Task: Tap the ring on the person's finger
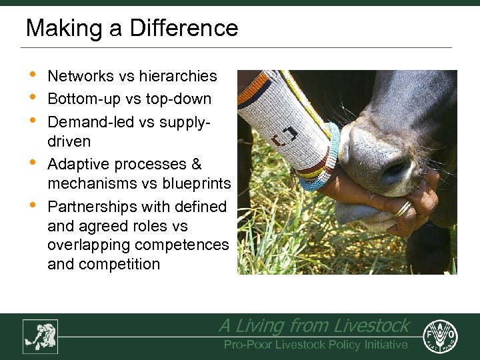pos(403,209)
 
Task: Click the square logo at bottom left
pos(40,336)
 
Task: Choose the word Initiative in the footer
pos(383,345)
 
